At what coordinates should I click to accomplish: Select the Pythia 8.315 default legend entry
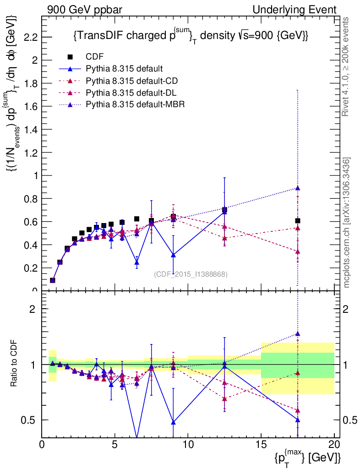tap(124, 69)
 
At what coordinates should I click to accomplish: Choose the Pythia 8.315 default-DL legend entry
tap(131, 93)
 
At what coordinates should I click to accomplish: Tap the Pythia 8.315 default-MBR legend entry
tap(134, 105)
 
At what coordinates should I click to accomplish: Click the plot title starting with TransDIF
tap(190, 36)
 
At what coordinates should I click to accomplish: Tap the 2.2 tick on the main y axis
tap(31, 37)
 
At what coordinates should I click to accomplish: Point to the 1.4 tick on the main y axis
tap(31, 129)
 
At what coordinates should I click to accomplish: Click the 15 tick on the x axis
tap(261, 444)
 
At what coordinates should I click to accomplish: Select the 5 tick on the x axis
tap(115, 444)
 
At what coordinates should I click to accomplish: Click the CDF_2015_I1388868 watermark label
tap(191, 274)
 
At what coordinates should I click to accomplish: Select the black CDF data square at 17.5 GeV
tap(298, 221)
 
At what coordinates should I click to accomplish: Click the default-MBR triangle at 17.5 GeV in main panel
tap(298, 188)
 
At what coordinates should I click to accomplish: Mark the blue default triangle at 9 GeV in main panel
tap(173, 255)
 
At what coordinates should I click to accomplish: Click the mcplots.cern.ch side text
tap(347, 223)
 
